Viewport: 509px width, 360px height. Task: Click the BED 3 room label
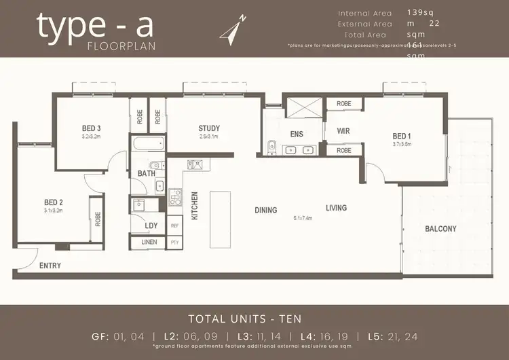[92, 128]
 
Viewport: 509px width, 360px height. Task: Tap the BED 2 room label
[53, 202]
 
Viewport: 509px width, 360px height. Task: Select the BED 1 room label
[402, 136]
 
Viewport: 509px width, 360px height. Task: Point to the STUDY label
[209, 128]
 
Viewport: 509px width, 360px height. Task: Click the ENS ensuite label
[297, 134]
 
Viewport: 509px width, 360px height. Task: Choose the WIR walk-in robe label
[343, 130]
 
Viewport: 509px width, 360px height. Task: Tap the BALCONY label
[440, 229]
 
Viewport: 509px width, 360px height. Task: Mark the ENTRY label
[50, 266]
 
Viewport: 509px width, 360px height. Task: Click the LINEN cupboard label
[149, 242]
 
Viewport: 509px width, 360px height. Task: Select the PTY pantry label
[174, 242]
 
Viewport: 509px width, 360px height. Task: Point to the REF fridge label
[174, 226]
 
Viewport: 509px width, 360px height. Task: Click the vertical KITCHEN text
[195, 205]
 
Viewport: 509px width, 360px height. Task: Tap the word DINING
[266, 210]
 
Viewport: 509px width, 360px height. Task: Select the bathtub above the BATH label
[147, 144]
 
